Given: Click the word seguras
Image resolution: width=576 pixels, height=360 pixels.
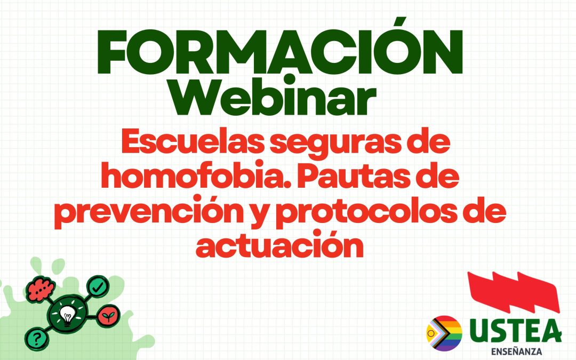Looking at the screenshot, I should click(332, 146).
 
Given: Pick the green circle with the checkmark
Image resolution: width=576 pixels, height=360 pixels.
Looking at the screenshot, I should click(97, 286).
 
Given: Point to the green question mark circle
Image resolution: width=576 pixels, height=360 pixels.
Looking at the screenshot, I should click(35, 338).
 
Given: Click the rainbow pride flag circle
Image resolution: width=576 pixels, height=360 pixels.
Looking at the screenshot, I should click(444, 333).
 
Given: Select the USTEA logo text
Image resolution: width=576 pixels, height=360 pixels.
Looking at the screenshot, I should click(515, 331).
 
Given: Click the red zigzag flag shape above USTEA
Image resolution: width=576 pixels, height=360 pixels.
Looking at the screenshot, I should click(512, 292).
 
